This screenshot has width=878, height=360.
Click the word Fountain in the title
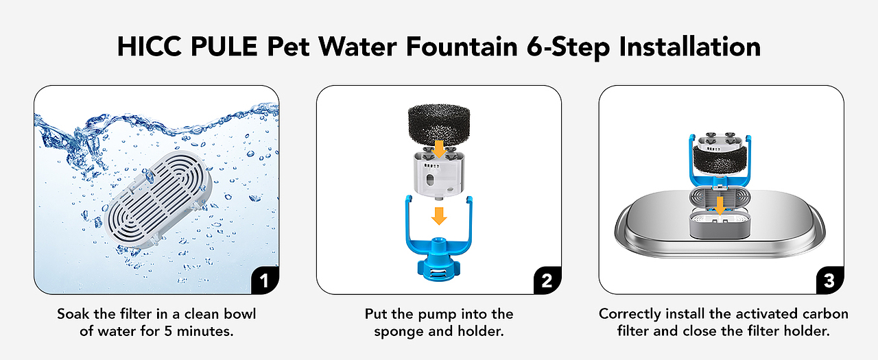click(462, 47)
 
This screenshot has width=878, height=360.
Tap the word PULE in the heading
click(224, 47)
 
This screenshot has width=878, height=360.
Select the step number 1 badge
click(265, 280)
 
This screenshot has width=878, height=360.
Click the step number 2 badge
click(547, 280)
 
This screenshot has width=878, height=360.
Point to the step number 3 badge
click(830, 280)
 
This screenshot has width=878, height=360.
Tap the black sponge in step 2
click(439, 123)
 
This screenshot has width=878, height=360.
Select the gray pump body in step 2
click(439, 172)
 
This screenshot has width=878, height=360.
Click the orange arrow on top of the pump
click(439, 149)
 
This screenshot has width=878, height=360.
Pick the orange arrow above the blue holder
click(439, 216)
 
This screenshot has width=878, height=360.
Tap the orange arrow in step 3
click(720, 206)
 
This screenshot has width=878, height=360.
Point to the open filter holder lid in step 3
click(720, 197)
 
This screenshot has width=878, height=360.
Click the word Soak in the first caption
click(73, 314)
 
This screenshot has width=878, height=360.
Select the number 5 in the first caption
click(168, 331)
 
